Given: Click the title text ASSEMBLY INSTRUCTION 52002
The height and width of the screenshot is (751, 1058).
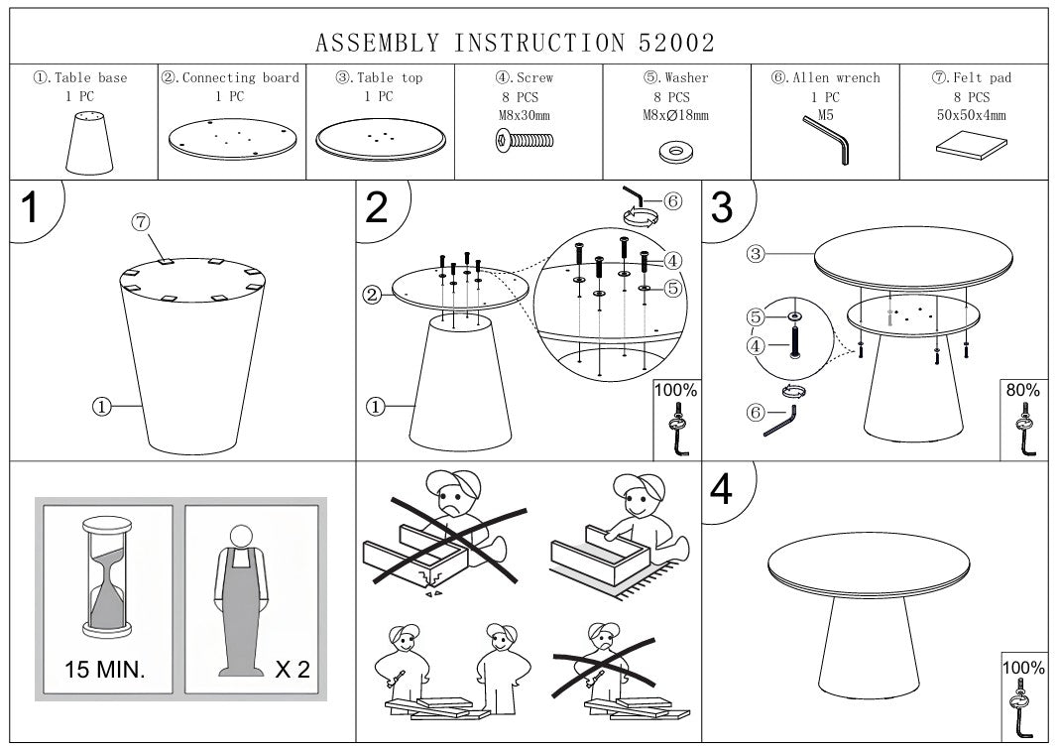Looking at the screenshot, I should pyautogui.click(x=515, y=43).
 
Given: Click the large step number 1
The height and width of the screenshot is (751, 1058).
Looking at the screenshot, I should pyautogui.click(x=31, y=210).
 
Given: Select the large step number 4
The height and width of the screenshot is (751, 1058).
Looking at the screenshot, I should pyautogui.click(x=722, y=490).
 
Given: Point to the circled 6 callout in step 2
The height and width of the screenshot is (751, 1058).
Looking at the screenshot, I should pyautogui.click(x=672, y=201).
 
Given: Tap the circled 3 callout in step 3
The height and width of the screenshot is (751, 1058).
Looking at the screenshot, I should pyautogui.click(x=756, y=254).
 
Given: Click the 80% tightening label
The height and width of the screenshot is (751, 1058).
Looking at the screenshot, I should pyautogui.click(x=1022, y=391).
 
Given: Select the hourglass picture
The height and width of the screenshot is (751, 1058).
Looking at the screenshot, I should pyautogui.click(x=105, y=574).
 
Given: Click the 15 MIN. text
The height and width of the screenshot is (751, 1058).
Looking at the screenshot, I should pyautogui.click(x=105, y=669).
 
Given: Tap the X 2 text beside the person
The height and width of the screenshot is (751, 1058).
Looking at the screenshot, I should pyautogui.click(x=292, y=669).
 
